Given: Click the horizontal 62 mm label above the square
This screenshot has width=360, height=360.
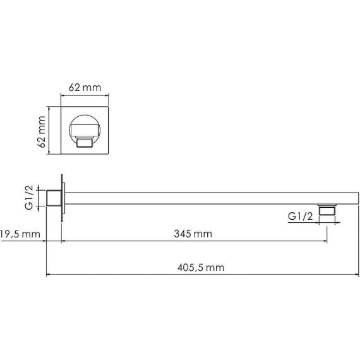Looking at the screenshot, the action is [85, 88].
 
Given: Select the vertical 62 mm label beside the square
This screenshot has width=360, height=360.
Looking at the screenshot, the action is [41, 132].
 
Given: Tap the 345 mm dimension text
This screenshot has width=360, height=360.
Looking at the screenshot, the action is [193, 234].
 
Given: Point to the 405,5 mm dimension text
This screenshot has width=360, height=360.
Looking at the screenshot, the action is [201, 268].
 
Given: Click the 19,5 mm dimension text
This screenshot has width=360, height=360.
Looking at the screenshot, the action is [20, 234].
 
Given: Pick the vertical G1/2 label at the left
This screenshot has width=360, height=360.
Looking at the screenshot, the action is [29, 198].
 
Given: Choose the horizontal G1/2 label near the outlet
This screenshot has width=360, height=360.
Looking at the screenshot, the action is [300, 216].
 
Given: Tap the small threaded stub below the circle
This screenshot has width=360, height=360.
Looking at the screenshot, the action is [85, 143].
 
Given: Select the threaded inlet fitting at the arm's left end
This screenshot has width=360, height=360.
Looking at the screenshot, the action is [54, 198].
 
